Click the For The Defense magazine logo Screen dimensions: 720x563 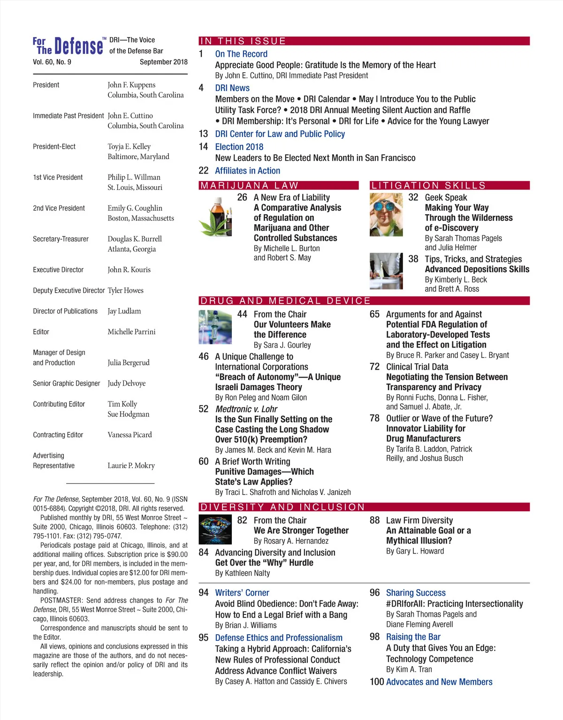point(68,46)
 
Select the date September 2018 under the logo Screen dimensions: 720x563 point(163,62)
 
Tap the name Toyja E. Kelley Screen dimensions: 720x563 point(129,146)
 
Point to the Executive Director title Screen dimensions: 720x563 point(58,270)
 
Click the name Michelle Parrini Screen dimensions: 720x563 point(131,332)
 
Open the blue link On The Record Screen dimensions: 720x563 point(241,54)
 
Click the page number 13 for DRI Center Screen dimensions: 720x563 point(203,134)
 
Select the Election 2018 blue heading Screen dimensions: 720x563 point(239,147)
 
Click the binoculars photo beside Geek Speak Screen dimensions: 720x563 point(386,214)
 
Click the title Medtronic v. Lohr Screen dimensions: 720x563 point(246,409)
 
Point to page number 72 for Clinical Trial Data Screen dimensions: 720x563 point(374,367)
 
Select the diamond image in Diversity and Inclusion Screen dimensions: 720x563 point(215,529)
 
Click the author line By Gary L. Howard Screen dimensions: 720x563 point(415,551)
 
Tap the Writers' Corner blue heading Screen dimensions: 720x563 point(242,593)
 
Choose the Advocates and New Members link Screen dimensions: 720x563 point(439,682)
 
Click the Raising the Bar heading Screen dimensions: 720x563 point(413,637)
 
